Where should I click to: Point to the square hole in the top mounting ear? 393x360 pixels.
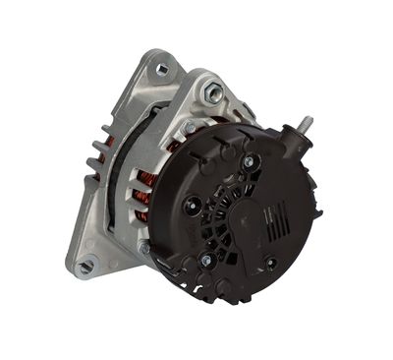coord(160,69)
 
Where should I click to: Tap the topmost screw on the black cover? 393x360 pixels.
coord(248,160)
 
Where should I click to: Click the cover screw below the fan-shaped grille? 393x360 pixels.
coord(205,260)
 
